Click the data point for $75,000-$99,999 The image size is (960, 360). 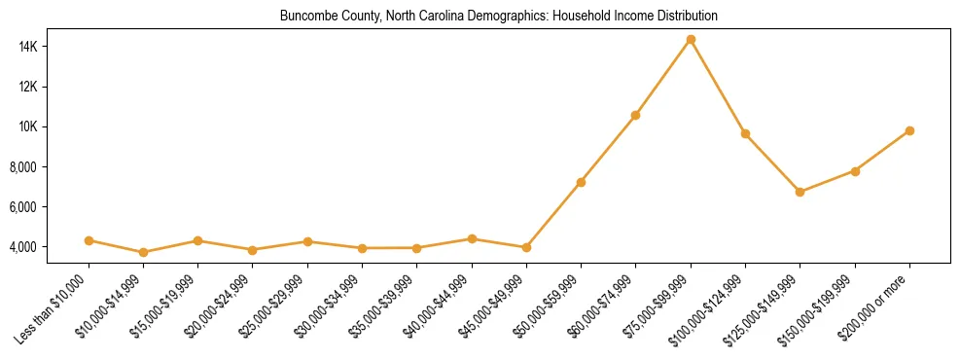tap(691, 40)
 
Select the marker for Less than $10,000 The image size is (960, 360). tap(89, 240)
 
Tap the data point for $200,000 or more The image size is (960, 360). tap(909, 130)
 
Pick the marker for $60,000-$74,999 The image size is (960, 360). tap(635, 115)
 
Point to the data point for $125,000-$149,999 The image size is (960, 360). tap(800, 192)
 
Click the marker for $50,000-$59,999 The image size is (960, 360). tap(581, 182)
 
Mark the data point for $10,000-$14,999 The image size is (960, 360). tap(143, 252)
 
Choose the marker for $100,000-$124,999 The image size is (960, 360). tap(745, 133)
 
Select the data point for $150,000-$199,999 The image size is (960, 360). tap(855, 171)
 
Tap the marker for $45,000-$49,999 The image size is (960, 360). tap(526, 247)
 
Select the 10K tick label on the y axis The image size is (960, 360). tap(53, 126)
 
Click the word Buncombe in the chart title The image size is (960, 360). tap(303, 17)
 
